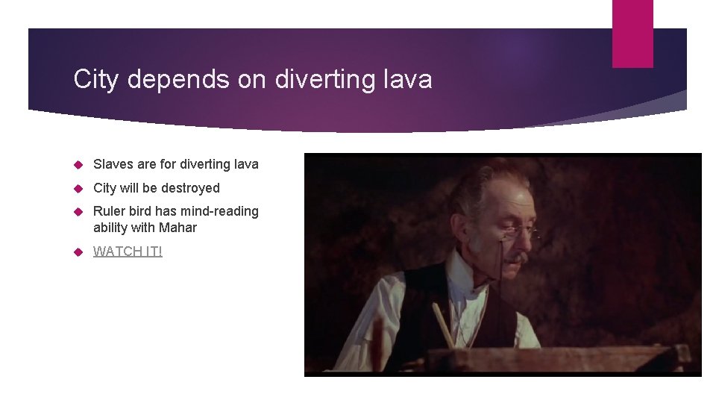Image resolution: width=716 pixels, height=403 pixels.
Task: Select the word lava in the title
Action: pyautogui.click(x=408, y=79)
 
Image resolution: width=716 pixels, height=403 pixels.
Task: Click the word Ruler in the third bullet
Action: pyautogui.click(x=109, y=211)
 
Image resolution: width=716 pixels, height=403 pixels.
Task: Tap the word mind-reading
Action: pyautogui.click(x=222, y=211)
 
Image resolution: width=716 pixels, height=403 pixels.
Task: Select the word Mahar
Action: pyautogui.click(x=178, y=228)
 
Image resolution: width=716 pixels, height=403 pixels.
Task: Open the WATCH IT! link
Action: pyautogui.click(x=128, y=252)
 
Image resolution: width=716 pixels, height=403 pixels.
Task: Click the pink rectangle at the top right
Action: pyautogui.click(x=632, y=33)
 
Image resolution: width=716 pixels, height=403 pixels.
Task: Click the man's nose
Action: pyautogui.click(x=516, y=243)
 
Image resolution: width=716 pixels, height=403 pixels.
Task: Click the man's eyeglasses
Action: pyautogui.click(x=515, y=231)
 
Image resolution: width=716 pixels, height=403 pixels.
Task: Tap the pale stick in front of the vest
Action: pyautogui.click(x=442, y=325)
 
